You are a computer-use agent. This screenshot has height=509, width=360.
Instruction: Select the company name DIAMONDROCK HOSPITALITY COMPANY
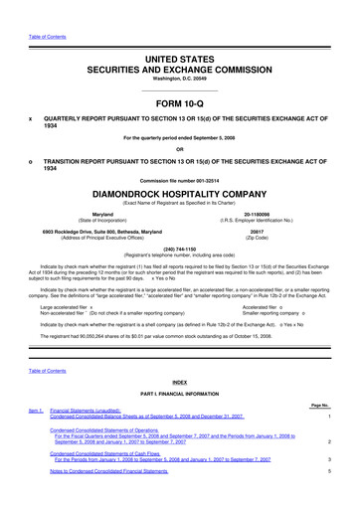(180, 195)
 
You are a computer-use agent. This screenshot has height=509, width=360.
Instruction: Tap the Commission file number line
(180, 179)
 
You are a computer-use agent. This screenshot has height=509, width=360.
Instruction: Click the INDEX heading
(180, 381)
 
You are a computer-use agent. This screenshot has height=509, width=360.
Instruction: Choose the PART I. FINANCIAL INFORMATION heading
(180, 394)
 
